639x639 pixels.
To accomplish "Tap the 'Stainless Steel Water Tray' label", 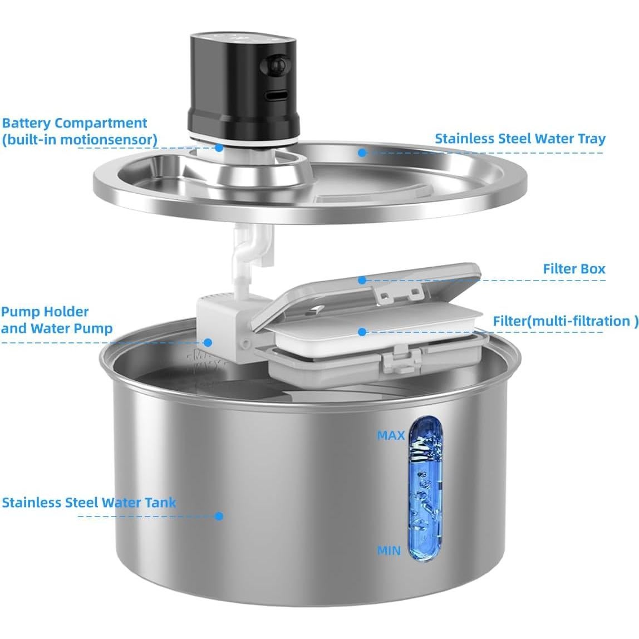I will (519, 139).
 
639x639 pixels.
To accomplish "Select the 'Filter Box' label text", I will (574, 269).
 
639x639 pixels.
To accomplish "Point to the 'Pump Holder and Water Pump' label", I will (56, 320).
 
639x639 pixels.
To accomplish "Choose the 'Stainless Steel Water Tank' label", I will (89, 503).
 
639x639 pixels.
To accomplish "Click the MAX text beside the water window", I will (391, 435).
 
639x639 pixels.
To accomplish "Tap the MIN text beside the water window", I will (389, 551).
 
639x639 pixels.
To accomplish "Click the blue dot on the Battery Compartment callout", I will (219, 148).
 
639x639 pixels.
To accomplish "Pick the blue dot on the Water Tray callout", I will (362, 152).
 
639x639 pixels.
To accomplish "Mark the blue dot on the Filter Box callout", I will (362, 280).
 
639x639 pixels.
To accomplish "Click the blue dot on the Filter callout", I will (362, 332).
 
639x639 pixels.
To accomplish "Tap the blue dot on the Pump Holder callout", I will (208, 343).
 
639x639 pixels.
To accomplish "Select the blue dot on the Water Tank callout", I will (219, 516).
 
